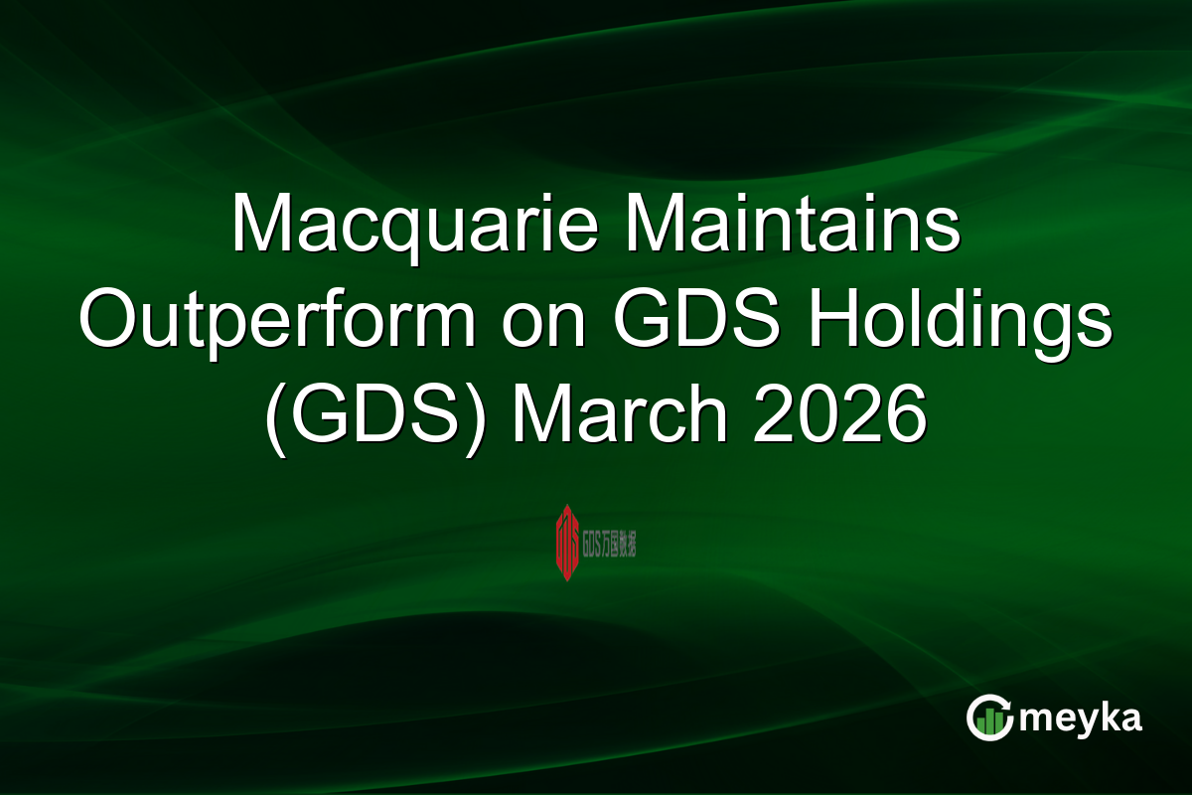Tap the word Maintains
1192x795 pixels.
(792, 226)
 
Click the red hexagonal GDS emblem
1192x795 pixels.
(567, 542)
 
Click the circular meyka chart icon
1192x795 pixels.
(989, 717)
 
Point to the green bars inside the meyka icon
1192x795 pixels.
(988, 722)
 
